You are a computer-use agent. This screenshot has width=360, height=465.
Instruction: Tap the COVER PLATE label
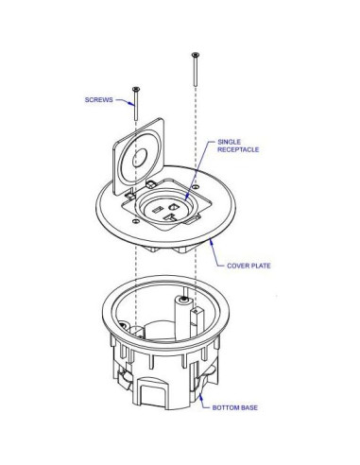coord(249,267)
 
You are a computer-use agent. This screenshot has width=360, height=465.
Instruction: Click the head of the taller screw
coord(195,55)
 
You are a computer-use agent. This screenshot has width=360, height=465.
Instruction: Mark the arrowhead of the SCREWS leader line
coord(132,99)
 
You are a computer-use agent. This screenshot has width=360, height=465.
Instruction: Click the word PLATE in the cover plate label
coord(262,267)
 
